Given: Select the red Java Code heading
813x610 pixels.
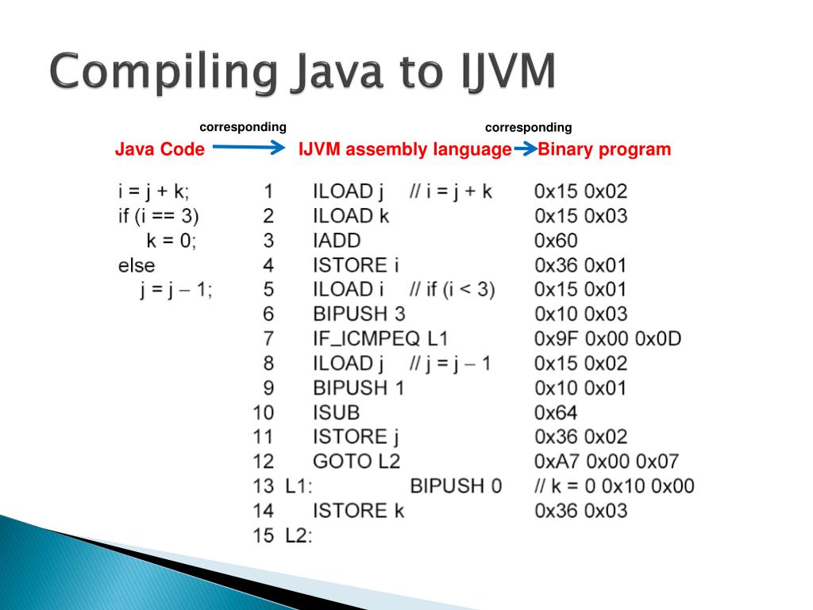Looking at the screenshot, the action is tap(160, 149).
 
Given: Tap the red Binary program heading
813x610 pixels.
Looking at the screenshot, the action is tap(604, 149).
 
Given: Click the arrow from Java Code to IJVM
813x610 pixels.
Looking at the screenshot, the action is tap(249, 147).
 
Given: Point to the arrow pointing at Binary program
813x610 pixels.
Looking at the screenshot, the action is tap(525, 149).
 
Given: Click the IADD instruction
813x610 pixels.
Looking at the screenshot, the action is tap(337, 240).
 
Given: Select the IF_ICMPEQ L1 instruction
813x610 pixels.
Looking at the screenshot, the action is tap(380, 338).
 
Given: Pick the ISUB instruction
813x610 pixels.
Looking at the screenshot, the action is tap(336, 412).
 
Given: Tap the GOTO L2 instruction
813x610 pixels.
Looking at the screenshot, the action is tap(356, 461).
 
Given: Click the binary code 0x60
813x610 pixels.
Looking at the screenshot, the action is tap(556, 240).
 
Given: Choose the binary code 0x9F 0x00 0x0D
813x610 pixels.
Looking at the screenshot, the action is tap(607, 338).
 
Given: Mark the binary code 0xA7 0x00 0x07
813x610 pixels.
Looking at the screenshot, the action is tap(607, 461).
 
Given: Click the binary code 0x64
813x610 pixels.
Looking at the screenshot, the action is tap(556, 412).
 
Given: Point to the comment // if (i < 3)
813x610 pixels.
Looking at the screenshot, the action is tap(452, 289).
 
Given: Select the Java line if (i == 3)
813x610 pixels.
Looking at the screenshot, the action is tap(159, 215).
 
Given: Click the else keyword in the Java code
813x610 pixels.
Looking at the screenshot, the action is tap(137, 264).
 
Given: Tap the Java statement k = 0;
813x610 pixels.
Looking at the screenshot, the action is tap(171, 240).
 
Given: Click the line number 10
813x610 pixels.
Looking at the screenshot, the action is tap(263, 412).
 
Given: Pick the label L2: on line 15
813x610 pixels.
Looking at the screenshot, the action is tap(299, 535).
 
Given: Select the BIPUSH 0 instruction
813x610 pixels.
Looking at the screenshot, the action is tap(456, 485).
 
